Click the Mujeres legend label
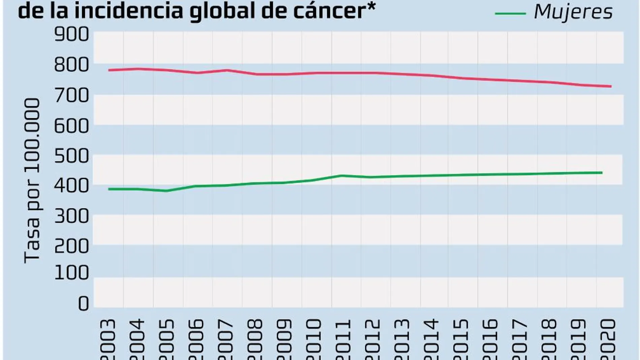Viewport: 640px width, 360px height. (x=573, y=12)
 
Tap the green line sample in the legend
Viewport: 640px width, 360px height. (x=510, y=13)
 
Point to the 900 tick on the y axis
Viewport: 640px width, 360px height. (x=71, y=35)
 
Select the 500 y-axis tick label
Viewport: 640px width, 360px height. (x=71, y=156)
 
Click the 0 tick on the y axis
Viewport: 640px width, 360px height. (x=83, y=304)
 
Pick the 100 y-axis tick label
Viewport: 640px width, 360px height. (x=71, y=273)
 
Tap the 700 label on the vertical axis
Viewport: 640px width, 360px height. (x=71, y=96)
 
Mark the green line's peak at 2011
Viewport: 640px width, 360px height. (x=341, y=175)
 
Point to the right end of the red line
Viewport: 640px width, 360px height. (x=611, y=87)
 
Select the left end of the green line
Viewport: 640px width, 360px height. (x=109, y=189)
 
